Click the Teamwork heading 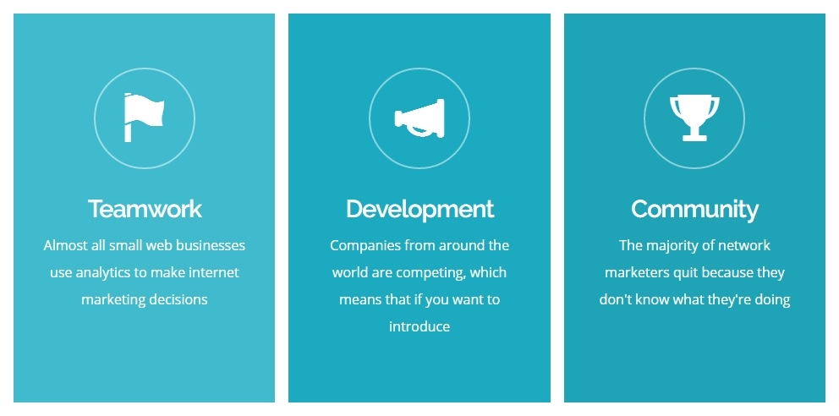point(145,209)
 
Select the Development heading point(419,210)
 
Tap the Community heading point(694,210)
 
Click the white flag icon point(144,118)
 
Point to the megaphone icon point(419,118)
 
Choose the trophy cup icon point(694,118)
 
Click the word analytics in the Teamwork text point(103,273)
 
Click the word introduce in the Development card point(419,326)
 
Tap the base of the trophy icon point(694,138)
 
